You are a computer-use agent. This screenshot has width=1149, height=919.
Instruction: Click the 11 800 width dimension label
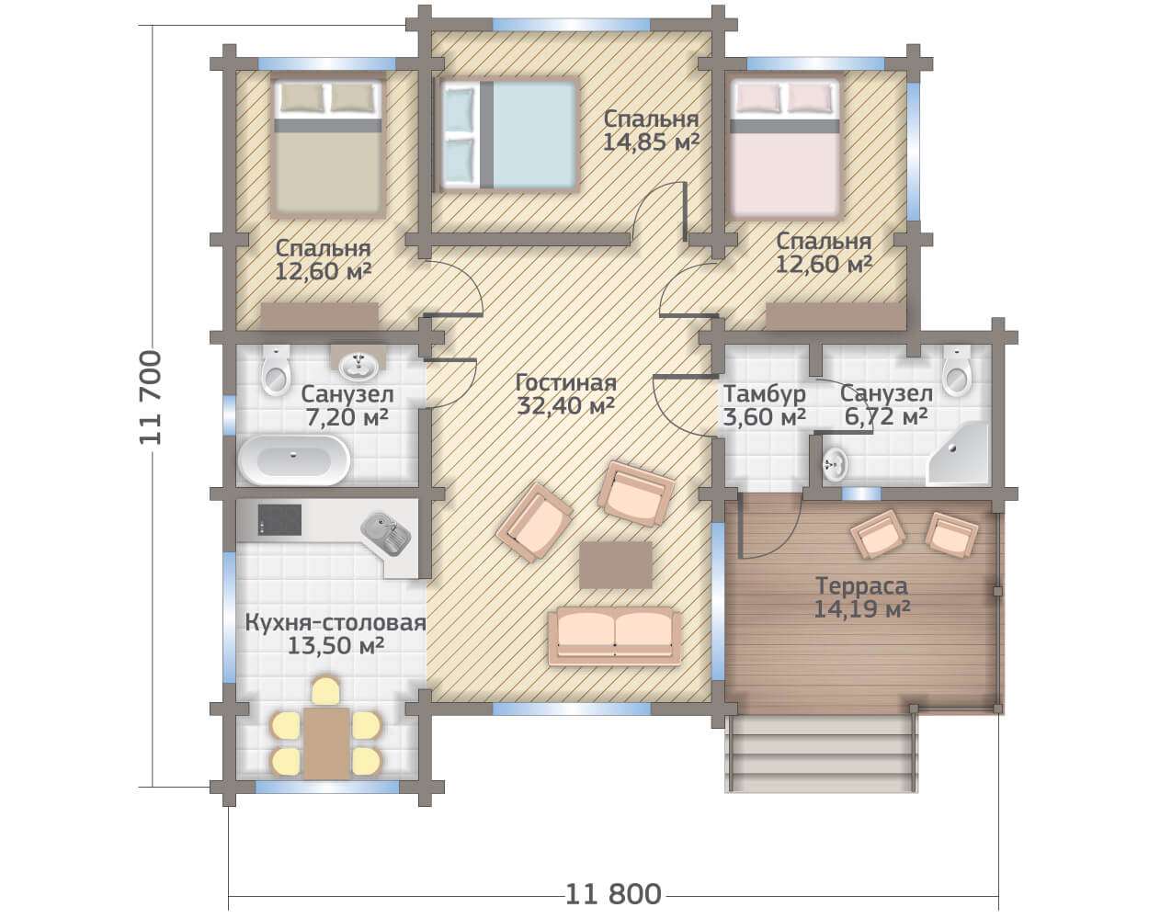click(613, 894)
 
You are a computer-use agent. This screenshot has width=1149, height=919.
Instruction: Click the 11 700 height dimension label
click(151, 397)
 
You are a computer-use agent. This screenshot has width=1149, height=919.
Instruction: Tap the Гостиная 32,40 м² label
click(566, 394)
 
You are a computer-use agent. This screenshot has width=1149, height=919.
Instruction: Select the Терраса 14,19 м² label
click(862, 597)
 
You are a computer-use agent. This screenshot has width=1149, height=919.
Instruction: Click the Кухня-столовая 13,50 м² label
click(336, 634)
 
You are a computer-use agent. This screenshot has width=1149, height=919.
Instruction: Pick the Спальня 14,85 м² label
click(651, 130)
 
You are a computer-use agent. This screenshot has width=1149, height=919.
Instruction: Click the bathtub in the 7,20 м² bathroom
click(293, 459)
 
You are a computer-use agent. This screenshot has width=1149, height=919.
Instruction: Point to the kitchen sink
click(385, 533)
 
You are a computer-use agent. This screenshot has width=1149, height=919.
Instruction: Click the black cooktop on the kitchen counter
click(279, 519)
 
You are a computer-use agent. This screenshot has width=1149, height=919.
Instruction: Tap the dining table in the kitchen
click(326, 743)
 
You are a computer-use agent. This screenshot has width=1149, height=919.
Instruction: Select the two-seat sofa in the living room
click(615, 637)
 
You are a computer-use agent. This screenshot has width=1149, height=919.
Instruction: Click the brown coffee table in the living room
click(616, 565)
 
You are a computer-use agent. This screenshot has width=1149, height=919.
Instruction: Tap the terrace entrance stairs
click(822, 754)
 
